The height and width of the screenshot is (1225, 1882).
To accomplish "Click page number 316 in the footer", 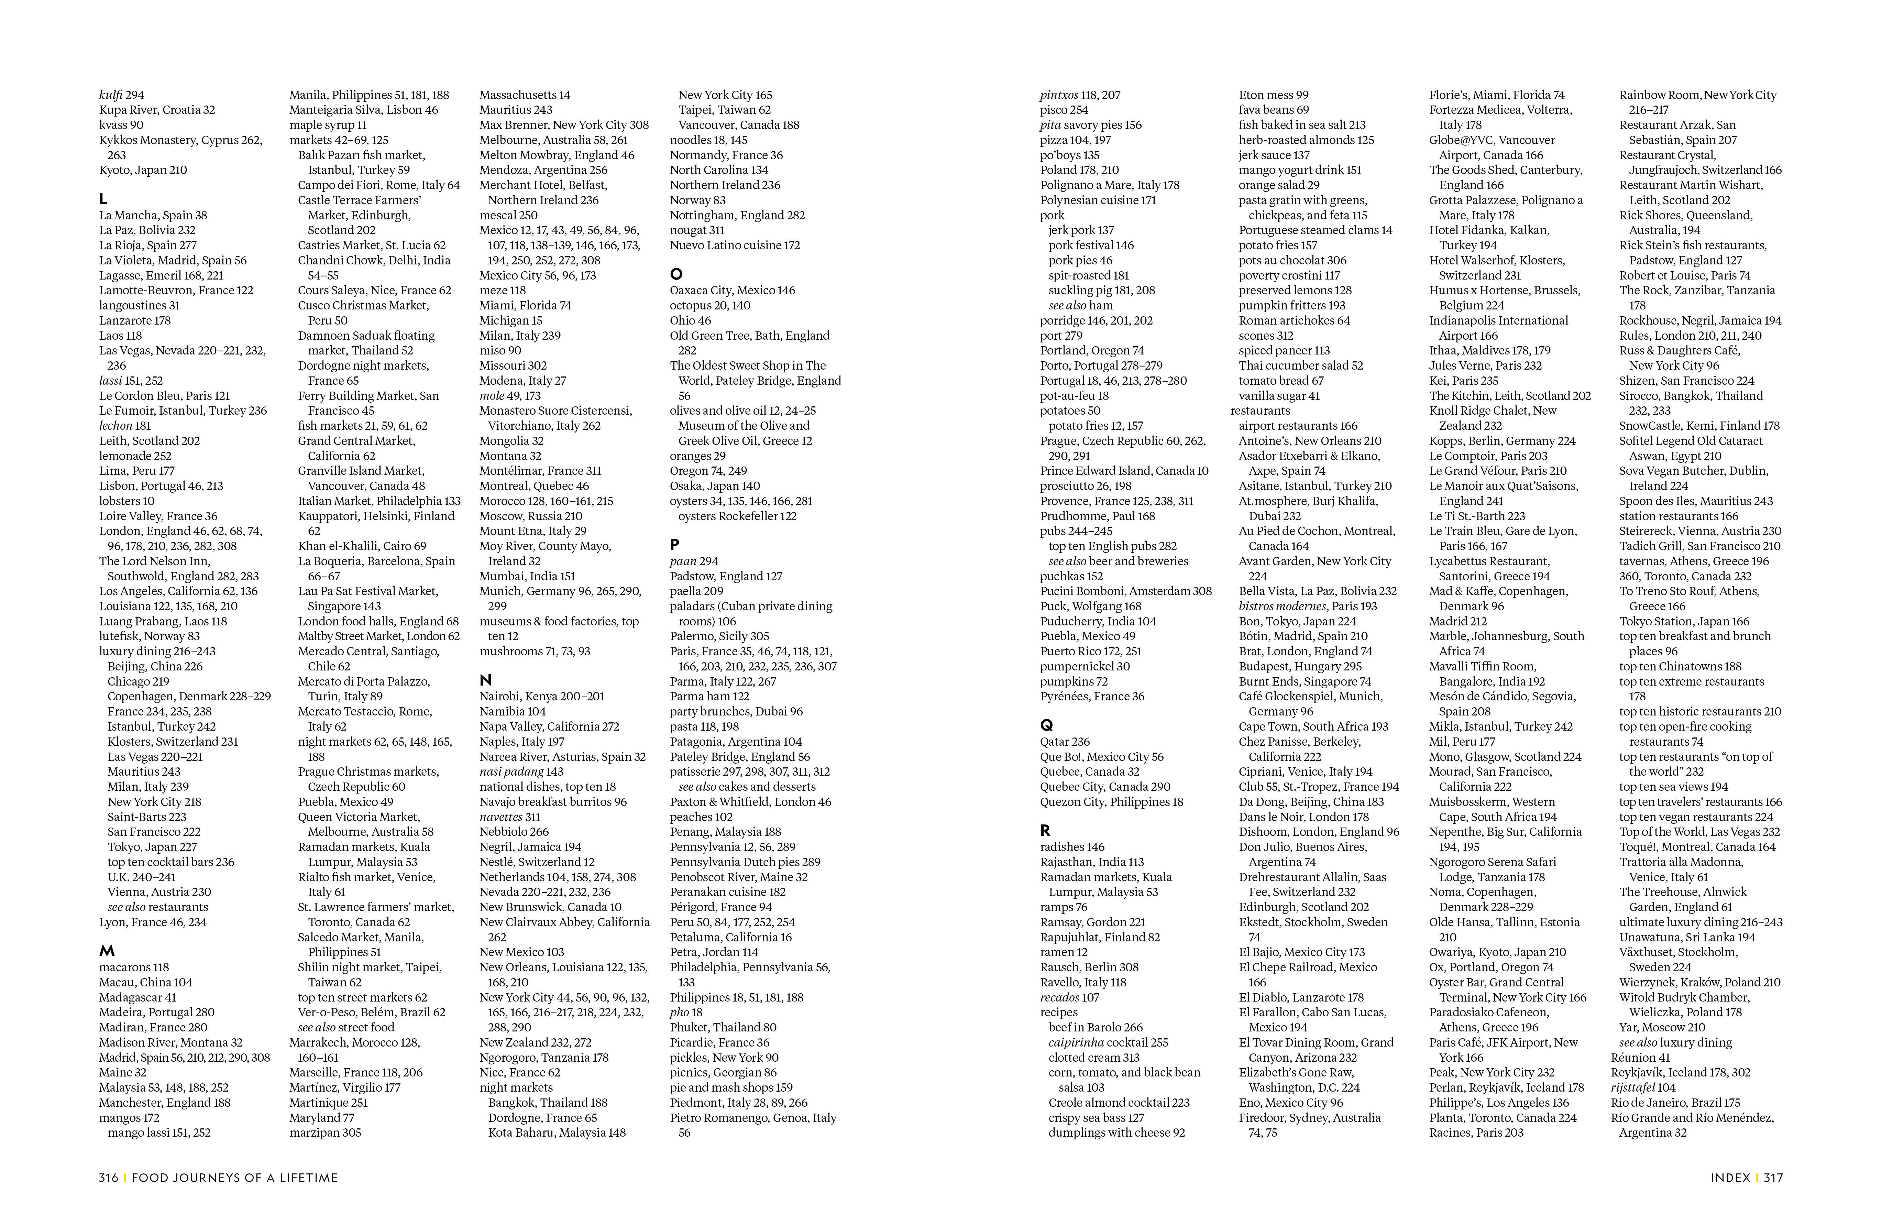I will [x=108, y=1178].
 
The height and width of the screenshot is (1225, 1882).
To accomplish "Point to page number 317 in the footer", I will [x=1773, y=1178].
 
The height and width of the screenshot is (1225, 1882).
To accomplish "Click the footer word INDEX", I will [x=1730, y=1178].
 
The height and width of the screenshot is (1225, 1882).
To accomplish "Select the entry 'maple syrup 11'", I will [x=327, y=125].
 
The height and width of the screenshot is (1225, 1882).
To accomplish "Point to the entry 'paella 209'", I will [x=696, y=591].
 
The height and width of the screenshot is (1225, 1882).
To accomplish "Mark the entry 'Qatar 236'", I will [x=1064, y=742].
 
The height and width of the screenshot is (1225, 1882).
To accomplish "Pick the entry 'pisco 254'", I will [x=1064, y=110].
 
